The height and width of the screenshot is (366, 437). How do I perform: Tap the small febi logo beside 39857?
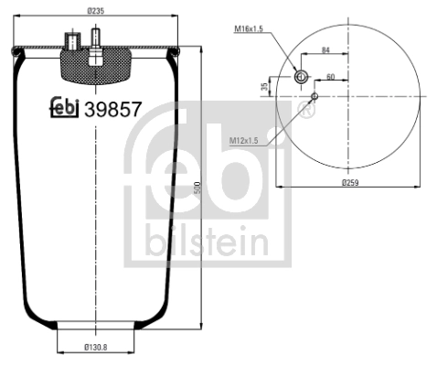pos(63,108)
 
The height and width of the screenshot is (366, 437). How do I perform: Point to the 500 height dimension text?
pos(197,188)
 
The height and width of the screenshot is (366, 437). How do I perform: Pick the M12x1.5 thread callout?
pos(243,140)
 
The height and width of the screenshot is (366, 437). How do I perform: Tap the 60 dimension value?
pos(330,77)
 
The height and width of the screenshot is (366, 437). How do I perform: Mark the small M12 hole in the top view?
pos(314,94)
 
